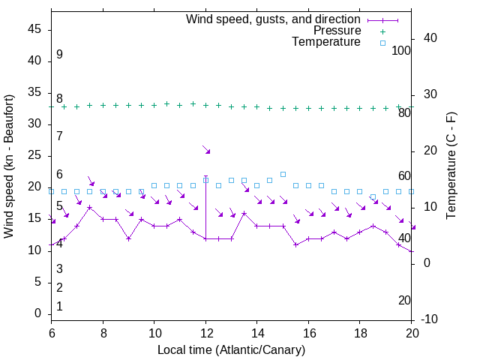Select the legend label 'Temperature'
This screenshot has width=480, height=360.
click(x=326, y=43)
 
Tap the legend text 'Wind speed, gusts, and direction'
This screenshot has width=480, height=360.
click(x=274, y=19)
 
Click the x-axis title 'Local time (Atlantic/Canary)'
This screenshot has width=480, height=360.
click(x=232, y=350)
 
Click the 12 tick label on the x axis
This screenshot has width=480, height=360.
click(x=205, y=332)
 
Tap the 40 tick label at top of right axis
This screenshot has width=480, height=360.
click(x=430, y=38)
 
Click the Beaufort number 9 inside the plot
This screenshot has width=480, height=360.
click(x=59, y=55)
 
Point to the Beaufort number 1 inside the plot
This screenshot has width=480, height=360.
click(x=59, y=307)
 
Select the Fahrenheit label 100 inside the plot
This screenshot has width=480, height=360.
click(x=401, y=51)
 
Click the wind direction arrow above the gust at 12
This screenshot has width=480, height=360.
click(x=206, y=150)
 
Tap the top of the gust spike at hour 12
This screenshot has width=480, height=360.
click(x=205, y=176)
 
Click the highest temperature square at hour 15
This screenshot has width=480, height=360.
click(x=283, y=174)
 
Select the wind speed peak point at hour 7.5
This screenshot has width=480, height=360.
click(x=90, y=207)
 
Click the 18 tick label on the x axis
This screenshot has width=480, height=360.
click(x=360, y=332)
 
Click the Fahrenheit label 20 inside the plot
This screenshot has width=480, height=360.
click(x=404, y=301)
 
